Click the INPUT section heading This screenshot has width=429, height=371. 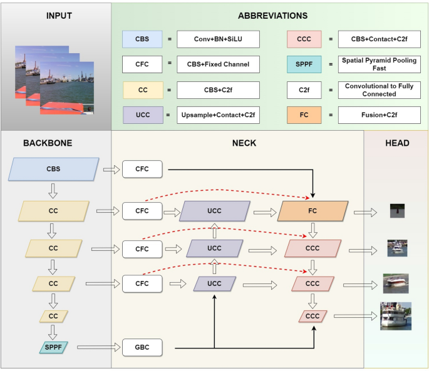click(59, 16)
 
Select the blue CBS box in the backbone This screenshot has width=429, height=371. click(54, 169)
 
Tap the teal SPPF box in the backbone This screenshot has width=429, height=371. click(53, 346)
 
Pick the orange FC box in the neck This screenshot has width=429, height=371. click(313, 211)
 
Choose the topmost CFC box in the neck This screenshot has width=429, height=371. click(142, 169)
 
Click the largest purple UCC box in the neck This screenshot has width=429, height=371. click(214, 211)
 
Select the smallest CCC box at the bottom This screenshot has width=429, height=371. click(313, 317)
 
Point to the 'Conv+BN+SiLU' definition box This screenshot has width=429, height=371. click(218, 39)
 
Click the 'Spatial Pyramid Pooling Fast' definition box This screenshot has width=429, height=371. click(380, 64)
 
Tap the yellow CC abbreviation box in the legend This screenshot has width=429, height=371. click(143, 90)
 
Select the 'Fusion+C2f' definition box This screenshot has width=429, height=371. click(380, 114)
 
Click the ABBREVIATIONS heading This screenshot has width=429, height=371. click(272, 16)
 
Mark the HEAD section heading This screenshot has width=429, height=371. click(397, 143)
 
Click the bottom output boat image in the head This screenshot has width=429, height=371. click(396, 316)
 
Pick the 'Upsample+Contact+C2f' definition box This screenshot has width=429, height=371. click(218, 114)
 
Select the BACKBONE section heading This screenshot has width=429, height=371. click(48, 143)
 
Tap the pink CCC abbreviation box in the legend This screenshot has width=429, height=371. click(304, 39)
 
